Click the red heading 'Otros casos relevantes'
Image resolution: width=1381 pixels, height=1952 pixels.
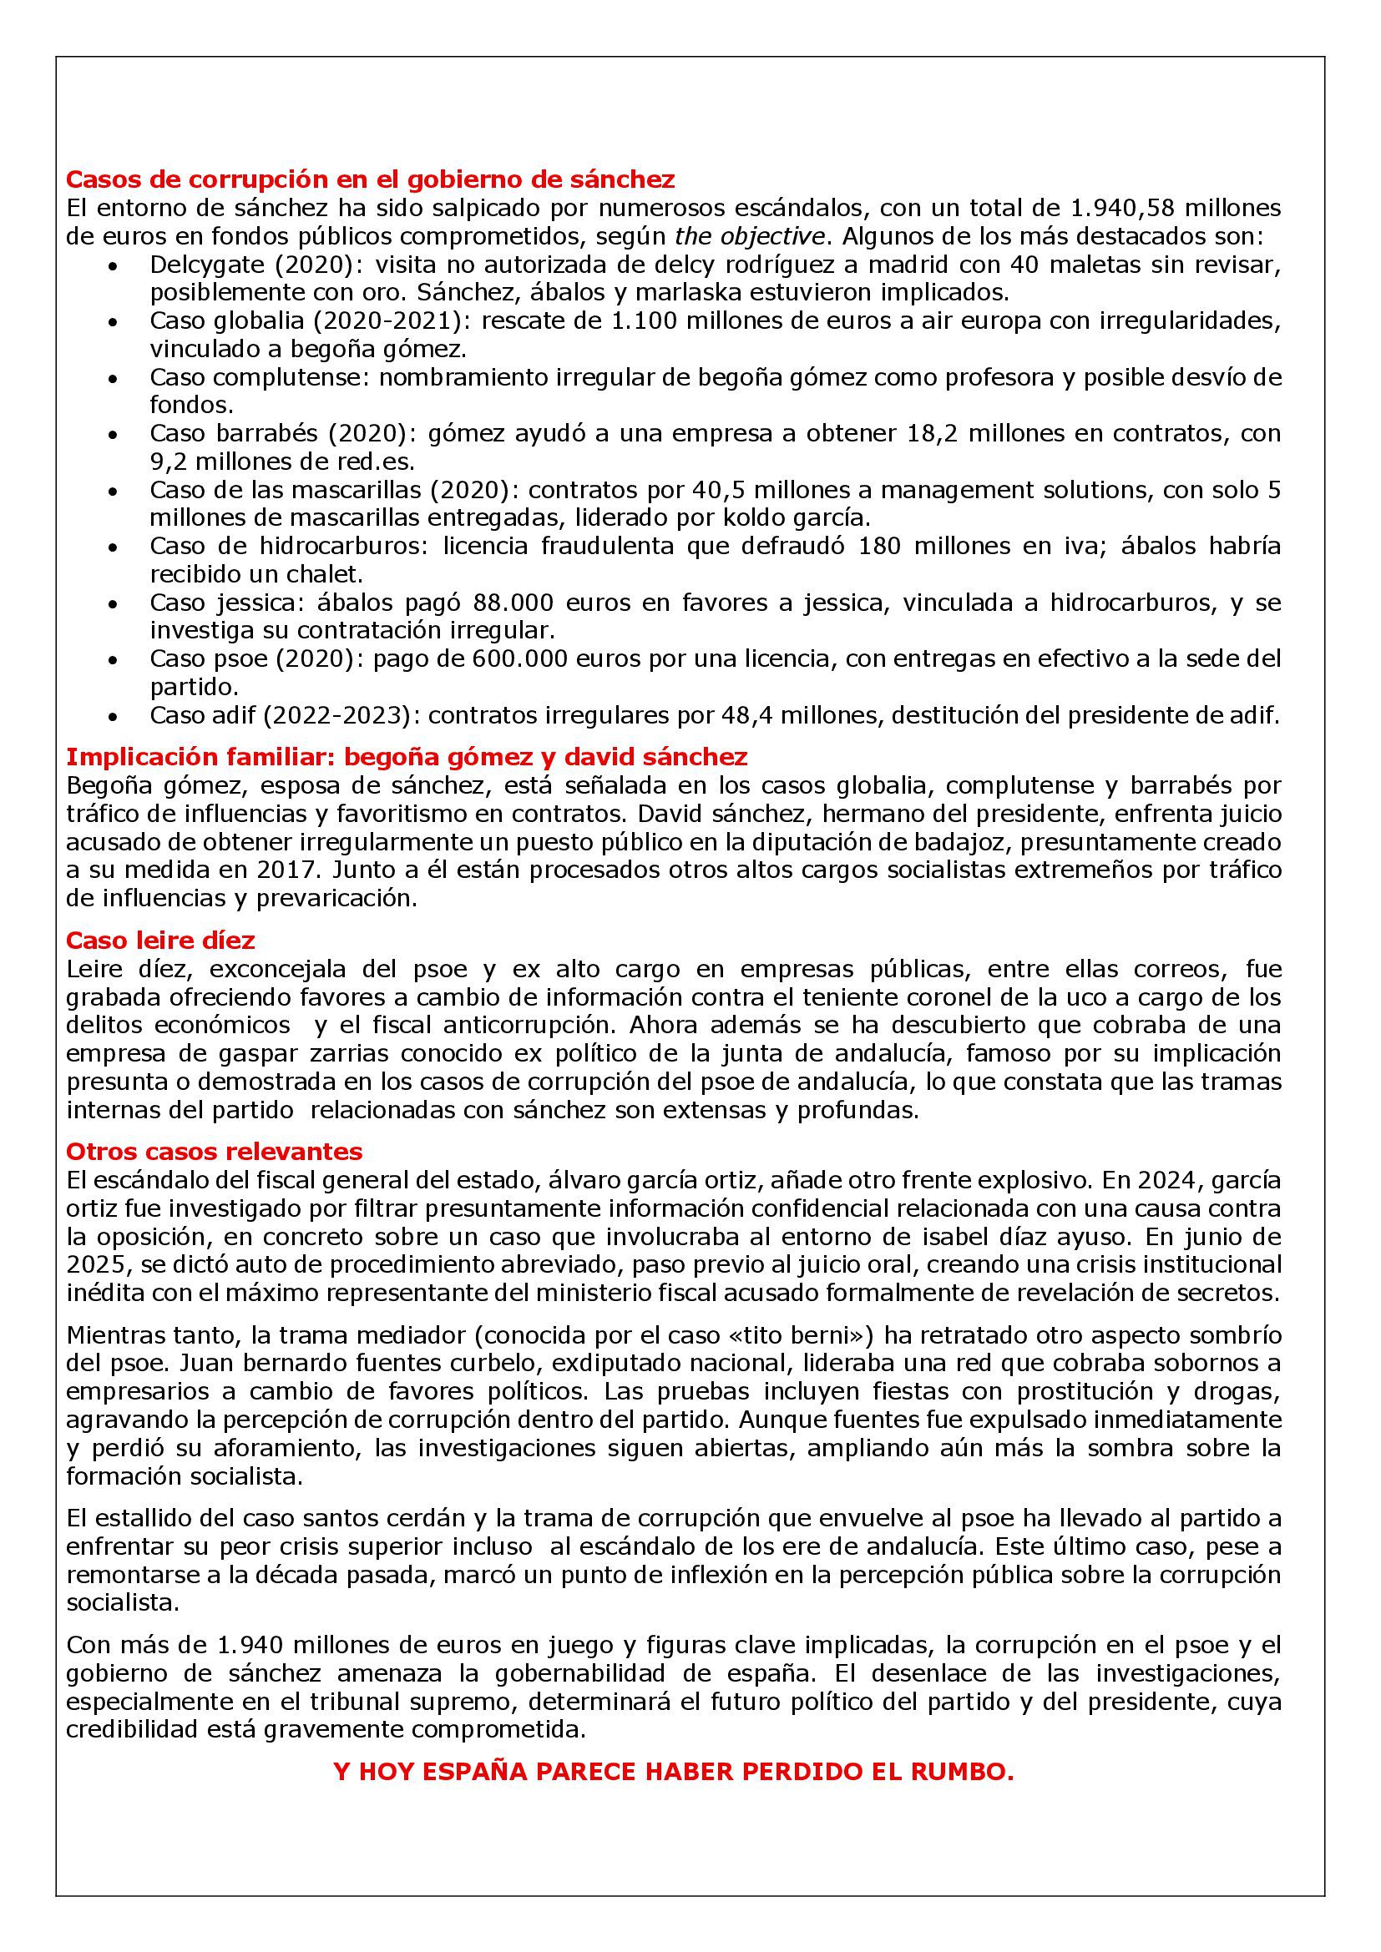click(215, 1152)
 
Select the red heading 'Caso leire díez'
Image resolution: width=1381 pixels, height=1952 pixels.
click(160, 941)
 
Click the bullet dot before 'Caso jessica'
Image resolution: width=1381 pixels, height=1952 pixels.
click(113, 604)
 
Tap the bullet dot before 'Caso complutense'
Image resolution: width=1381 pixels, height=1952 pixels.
click(113, 379)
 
